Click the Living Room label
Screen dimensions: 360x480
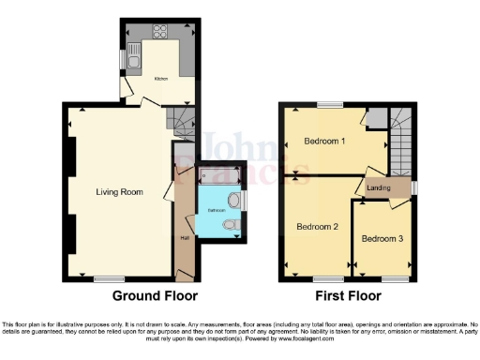coord(119,192)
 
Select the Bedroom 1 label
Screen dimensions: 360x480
coord(323,142)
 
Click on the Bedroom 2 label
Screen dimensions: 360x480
coord(317,227)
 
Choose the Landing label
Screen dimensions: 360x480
coord(380,187)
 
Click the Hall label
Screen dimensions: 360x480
coord(184,237)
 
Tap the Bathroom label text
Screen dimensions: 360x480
coord(217,211)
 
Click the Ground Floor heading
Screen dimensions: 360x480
coord(155,296)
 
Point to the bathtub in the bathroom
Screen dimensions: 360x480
coord(216,173)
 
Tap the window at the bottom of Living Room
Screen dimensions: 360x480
coord(109,279)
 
